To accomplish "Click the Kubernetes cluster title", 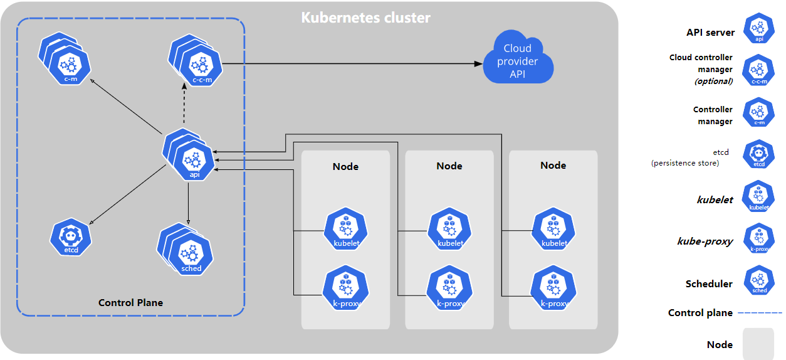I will [x=365, y=17].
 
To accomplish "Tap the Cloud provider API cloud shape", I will [x=518, y=61].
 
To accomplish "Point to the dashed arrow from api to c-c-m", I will [x=184, y=107].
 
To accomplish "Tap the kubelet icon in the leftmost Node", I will [x=346, y=230].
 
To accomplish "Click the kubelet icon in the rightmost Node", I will [x=553, y=230].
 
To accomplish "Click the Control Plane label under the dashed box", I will [x=130, y=302].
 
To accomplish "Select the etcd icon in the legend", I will [x=758, y=154].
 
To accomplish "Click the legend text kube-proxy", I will [x=705, y=241].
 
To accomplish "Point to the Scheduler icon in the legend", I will [x=758, y=281].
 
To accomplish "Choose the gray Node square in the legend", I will [x=758, y=344].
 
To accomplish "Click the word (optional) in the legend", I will [x=713, y=81].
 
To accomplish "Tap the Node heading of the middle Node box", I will [x=449, y=166].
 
